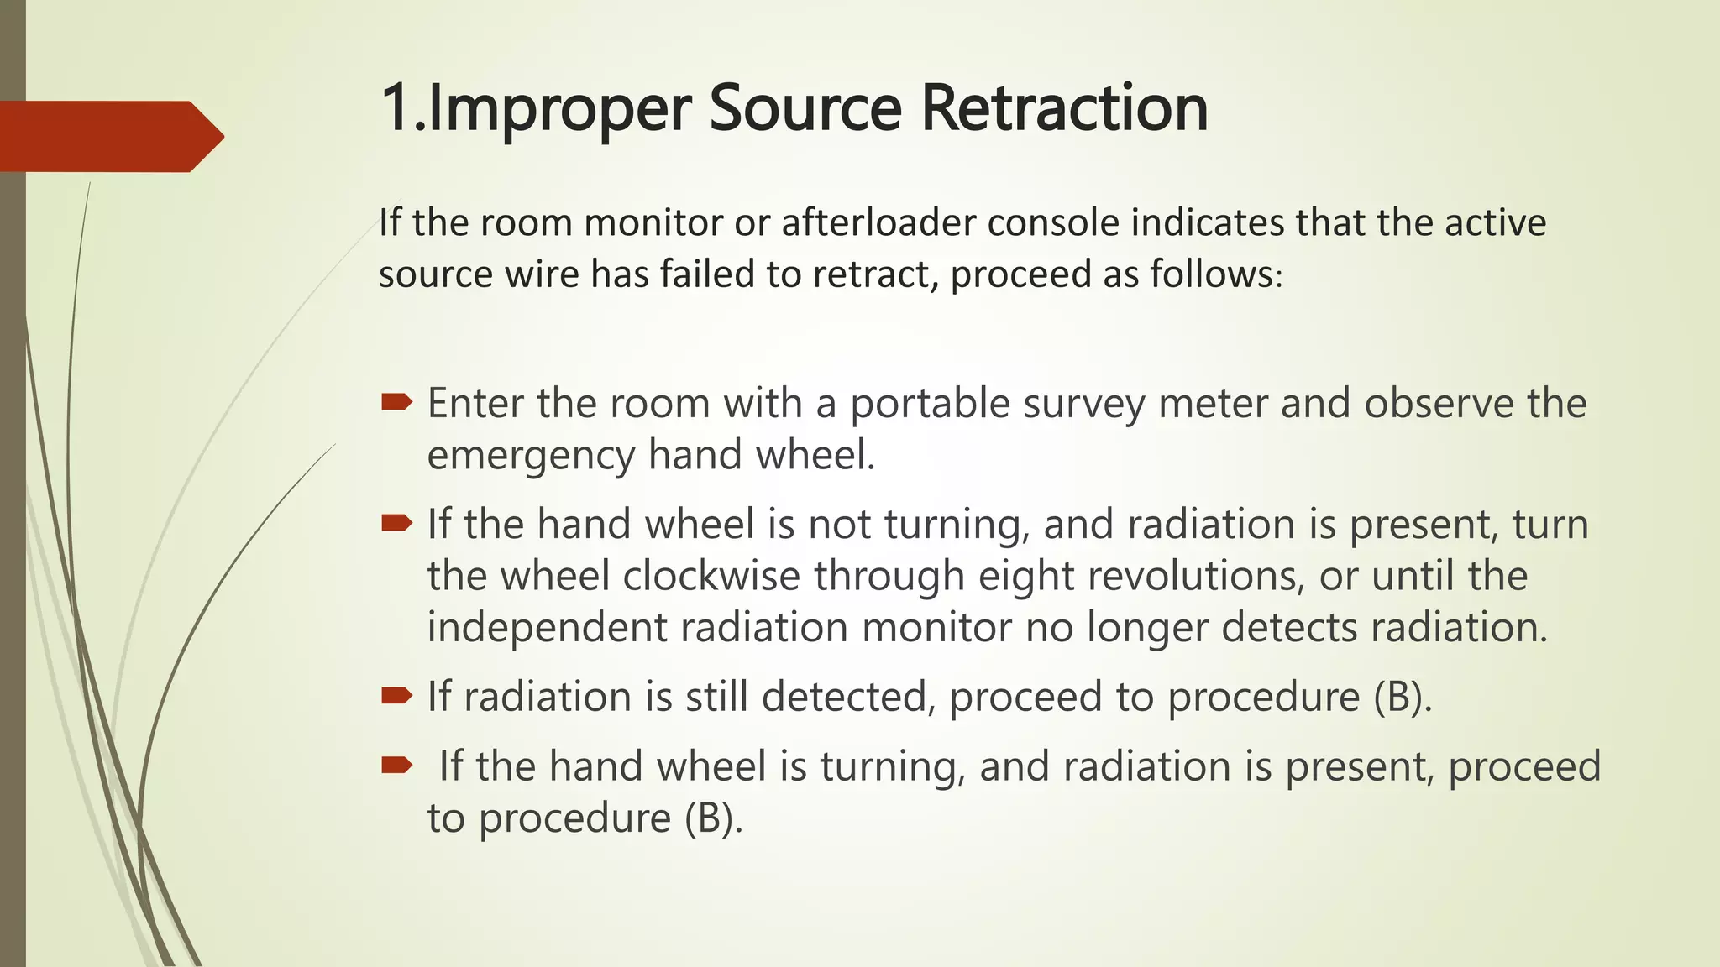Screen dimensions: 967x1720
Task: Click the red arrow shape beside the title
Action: [109, 136]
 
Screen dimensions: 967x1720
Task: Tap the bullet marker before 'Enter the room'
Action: [396, 403]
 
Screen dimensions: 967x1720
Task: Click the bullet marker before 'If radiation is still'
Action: [396, 695]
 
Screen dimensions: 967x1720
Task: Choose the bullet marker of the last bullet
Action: [396, 765]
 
